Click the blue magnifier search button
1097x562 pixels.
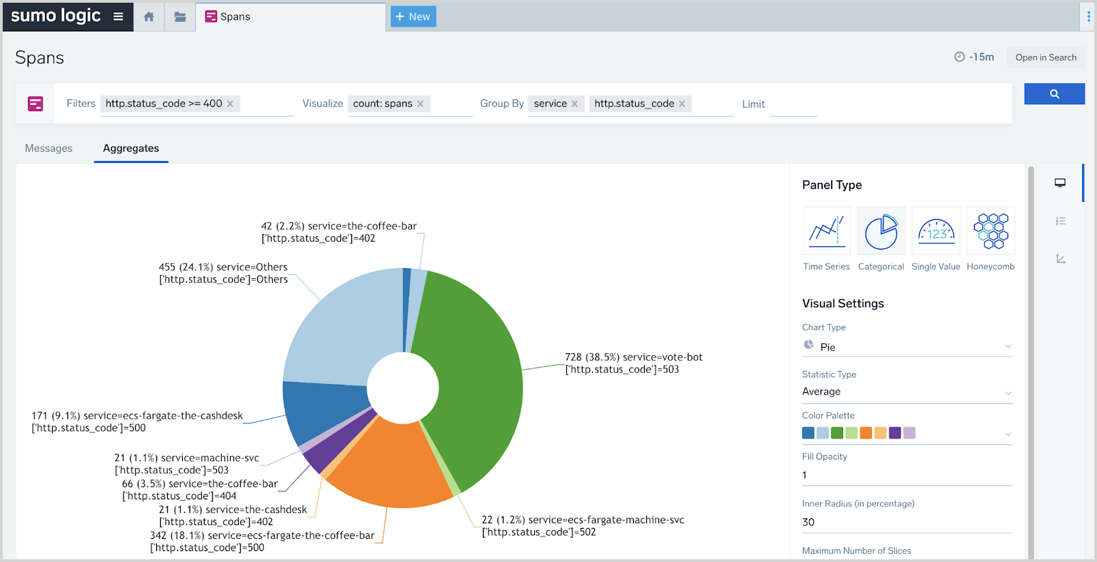click(1054, 94)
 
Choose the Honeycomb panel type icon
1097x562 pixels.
click(991, 231)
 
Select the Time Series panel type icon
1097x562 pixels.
click(826, 231)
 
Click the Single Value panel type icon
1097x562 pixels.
click(935, 231)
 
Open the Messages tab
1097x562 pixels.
click(48, 148)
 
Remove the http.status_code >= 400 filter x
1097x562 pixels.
click(231, 104)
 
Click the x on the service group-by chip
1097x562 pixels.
click(575, 104)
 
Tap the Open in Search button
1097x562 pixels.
click(1045, 57)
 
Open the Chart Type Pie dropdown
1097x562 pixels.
click(907, 346)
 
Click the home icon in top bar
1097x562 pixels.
click(149, 16)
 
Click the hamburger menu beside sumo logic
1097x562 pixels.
click(118, 16)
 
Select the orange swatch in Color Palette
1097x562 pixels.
click(866, 432)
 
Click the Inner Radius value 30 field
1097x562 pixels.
click(907, 522)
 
